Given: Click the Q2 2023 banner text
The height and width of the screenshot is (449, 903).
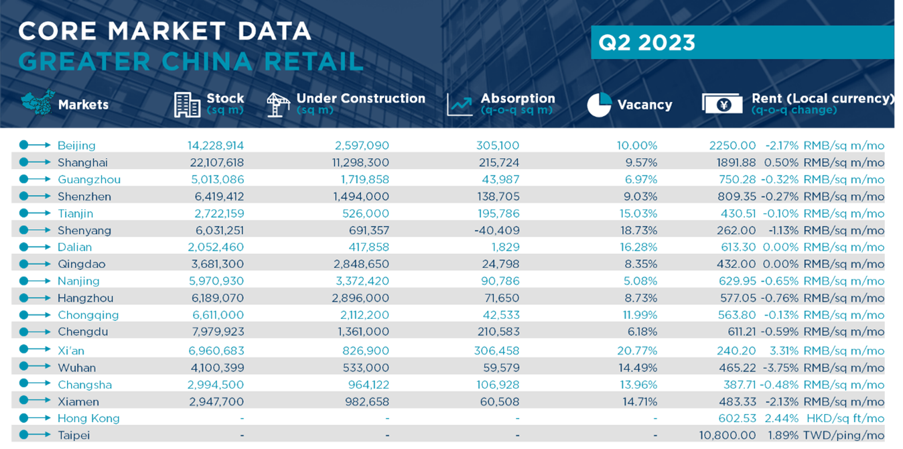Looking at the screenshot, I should tap(646, 43).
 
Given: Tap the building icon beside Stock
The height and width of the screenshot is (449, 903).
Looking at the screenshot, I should tap(187, 105).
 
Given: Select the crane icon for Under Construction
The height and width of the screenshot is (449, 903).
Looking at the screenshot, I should tap(277, 105).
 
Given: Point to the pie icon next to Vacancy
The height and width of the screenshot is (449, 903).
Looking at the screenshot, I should tap(599, 105).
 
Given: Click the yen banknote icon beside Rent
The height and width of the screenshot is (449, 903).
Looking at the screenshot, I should tap(722, 104).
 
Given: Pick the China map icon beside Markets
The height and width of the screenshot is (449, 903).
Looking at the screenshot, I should tap(36, 104).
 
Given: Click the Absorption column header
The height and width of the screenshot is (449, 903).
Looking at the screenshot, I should tap(517, 99).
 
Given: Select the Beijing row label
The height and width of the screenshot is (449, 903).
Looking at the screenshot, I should tap(76, 145).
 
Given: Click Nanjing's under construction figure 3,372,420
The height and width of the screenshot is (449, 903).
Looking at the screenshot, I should tap(361, 281).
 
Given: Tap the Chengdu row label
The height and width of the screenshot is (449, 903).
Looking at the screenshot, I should tap(82, 332).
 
